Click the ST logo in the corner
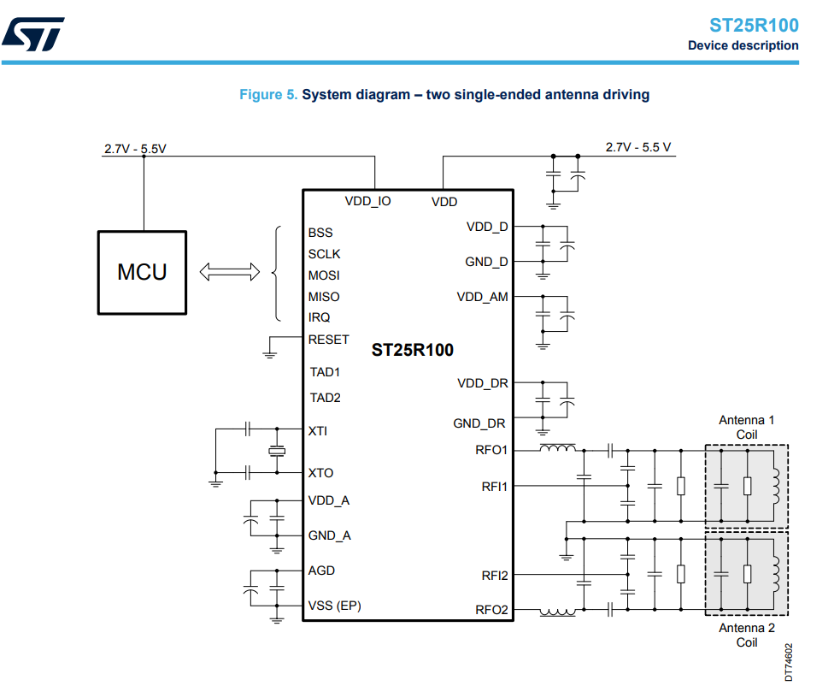33,34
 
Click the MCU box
142,273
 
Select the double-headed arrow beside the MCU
229,272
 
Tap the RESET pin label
328,340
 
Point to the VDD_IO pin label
367,201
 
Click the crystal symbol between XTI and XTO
277,451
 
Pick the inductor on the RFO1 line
558,448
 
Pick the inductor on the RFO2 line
558,612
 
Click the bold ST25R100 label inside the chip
413,350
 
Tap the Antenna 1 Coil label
746,427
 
